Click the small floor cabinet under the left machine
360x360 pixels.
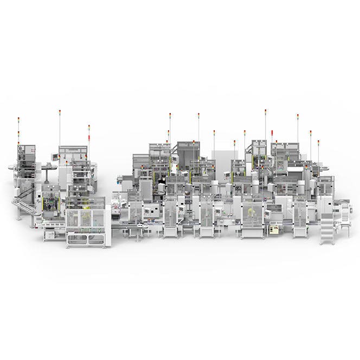[49, 235]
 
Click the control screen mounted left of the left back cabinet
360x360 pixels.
[54, 157]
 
